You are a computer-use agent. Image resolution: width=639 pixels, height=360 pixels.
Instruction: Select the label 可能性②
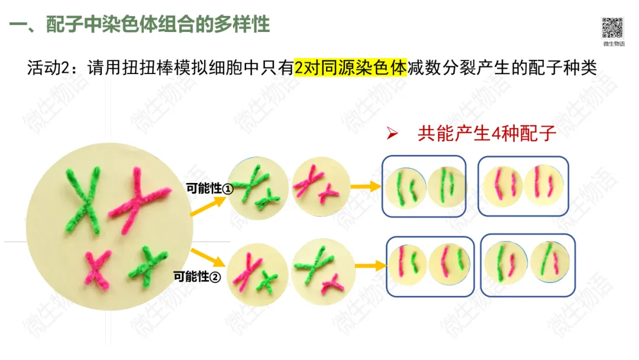coord(197,277)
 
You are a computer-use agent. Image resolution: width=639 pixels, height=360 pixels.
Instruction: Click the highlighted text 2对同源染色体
coord(351,67)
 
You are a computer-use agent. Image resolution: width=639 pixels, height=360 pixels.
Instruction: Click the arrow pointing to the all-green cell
coord(208,206)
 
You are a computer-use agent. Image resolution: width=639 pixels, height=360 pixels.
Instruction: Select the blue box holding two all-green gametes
coord(424,185)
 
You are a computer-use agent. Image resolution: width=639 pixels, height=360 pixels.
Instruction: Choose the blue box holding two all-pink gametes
coord(523,185)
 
